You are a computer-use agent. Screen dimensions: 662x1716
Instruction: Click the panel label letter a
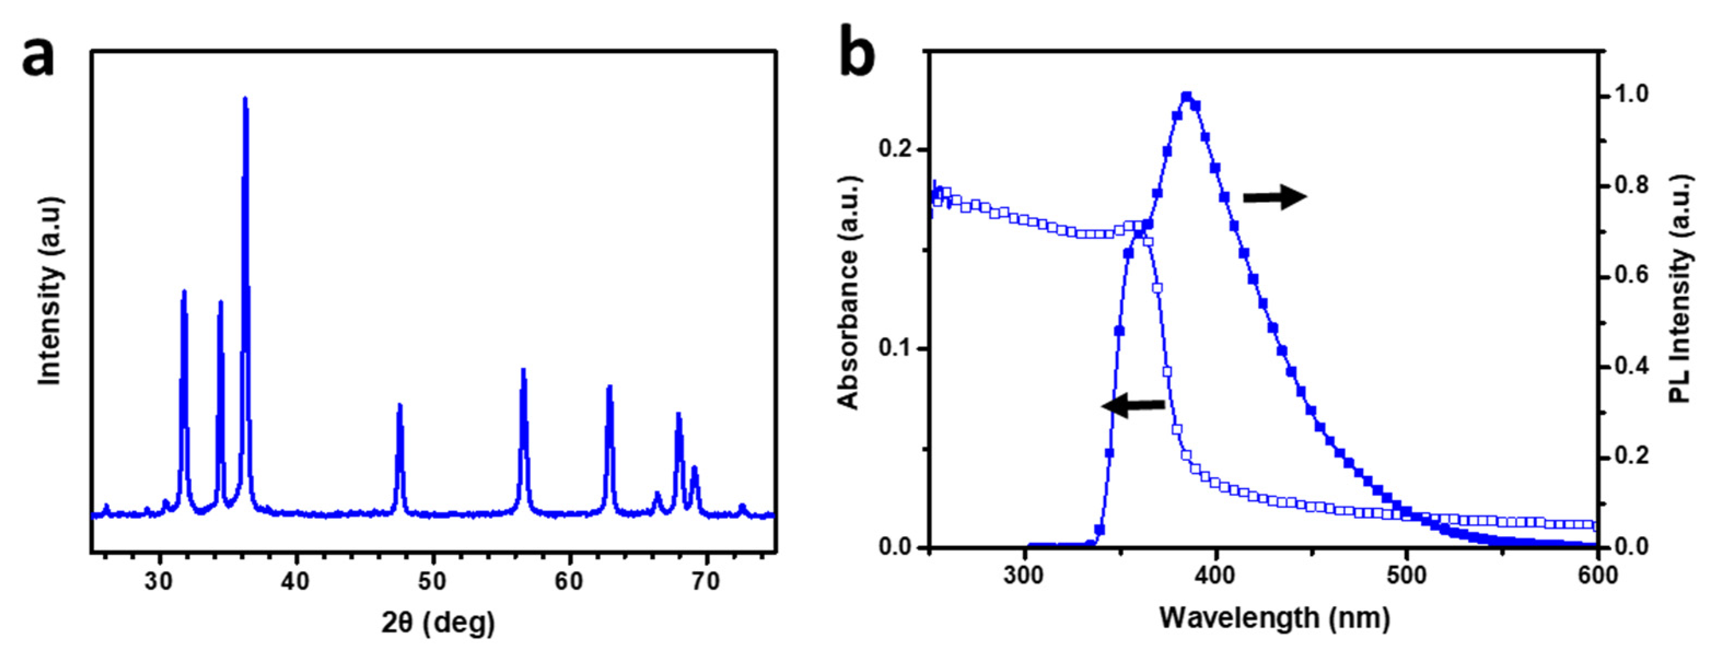tap(38, 58)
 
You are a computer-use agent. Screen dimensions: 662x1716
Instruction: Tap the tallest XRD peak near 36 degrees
tap(245, 100)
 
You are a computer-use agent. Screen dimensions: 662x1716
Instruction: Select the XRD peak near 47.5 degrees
tap(400, 406)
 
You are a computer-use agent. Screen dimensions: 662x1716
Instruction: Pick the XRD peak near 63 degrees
tap(609, 388)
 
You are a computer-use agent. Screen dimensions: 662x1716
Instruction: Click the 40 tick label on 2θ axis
tap(295, 582)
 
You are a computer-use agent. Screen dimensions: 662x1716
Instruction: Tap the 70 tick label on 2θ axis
tap(706, 582)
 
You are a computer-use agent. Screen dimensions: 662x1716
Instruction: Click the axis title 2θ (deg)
tap(437, 623)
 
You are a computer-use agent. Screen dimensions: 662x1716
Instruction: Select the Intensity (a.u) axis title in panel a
tap(50, 291)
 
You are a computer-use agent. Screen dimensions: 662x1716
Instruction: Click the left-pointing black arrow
tap(1133, 405)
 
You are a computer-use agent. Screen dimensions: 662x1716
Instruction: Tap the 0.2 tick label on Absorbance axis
tap(895, 149)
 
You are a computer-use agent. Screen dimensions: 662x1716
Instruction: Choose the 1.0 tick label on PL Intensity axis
tap(1630, 95)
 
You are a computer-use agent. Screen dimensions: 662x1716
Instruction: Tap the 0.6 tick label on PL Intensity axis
tap(1630, 276)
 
